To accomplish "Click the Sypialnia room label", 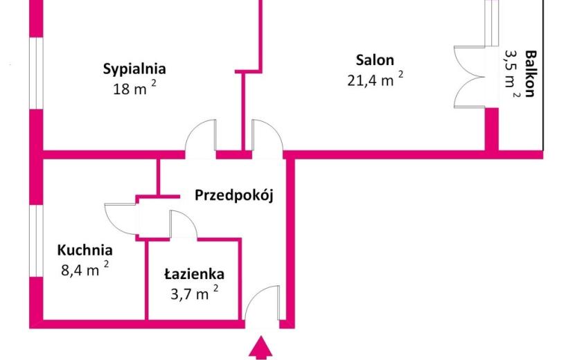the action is click(x=134, y=69).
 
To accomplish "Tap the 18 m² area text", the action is click(x=134, y=88).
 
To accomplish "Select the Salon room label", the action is click(x=375, y=60).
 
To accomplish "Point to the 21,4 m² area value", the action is click(x=375, y=79).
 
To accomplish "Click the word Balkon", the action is click(x=530, y=73).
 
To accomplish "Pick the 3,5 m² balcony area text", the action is click(x=511, y=74).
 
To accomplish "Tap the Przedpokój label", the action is click(x=233, y=195).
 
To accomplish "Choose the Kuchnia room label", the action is click(x=85, y=251).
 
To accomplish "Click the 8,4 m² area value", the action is click(x=85, y=269).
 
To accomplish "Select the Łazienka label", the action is click(x=194, y=274).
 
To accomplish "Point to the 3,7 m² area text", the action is click(x=195, y=293).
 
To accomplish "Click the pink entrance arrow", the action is click(x=260, y=348).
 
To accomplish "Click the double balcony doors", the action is click(x=470, y=77).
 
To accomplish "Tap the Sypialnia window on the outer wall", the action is click(x=36, y=73).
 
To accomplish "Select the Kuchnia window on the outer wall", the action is click(x=36, y=241).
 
